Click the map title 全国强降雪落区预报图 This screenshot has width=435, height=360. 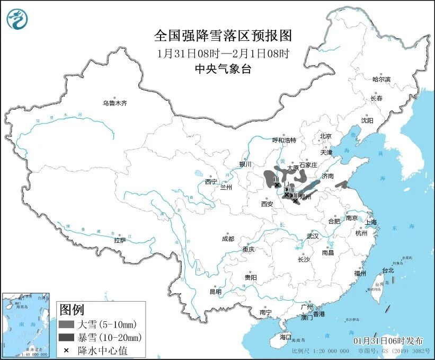click(223, 36)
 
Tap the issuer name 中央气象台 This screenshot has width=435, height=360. click(223, 68)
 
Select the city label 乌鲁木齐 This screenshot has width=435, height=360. click(115, 103)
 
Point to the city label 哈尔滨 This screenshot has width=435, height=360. click(381, 79)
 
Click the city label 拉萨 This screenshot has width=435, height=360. click(120, 240)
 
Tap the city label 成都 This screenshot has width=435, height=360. click(228, 239)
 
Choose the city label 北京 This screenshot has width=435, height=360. click(325, 136)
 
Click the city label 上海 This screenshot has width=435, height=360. click(370, 222)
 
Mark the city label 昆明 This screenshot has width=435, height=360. click(216, 291)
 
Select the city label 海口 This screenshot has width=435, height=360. click(286, 337)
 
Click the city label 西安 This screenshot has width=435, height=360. click(267, 204)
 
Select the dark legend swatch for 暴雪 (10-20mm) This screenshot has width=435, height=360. click(66, 337)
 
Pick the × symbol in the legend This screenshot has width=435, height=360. click(66, 350)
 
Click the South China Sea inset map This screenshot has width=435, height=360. click(26, 324)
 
